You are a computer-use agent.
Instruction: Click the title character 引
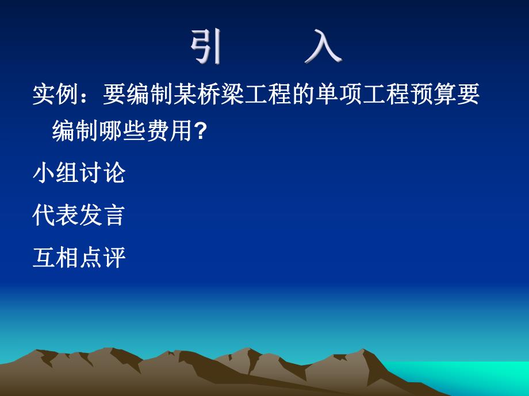pyautogui.click(x=206, y=45)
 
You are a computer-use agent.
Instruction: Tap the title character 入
pyautogui.click(x=323, y=45)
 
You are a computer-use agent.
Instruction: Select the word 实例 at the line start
pyautogui.click(x=55, y=95)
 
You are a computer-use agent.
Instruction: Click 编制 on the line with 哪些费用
pyautogui.click(x=75, y=132)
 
